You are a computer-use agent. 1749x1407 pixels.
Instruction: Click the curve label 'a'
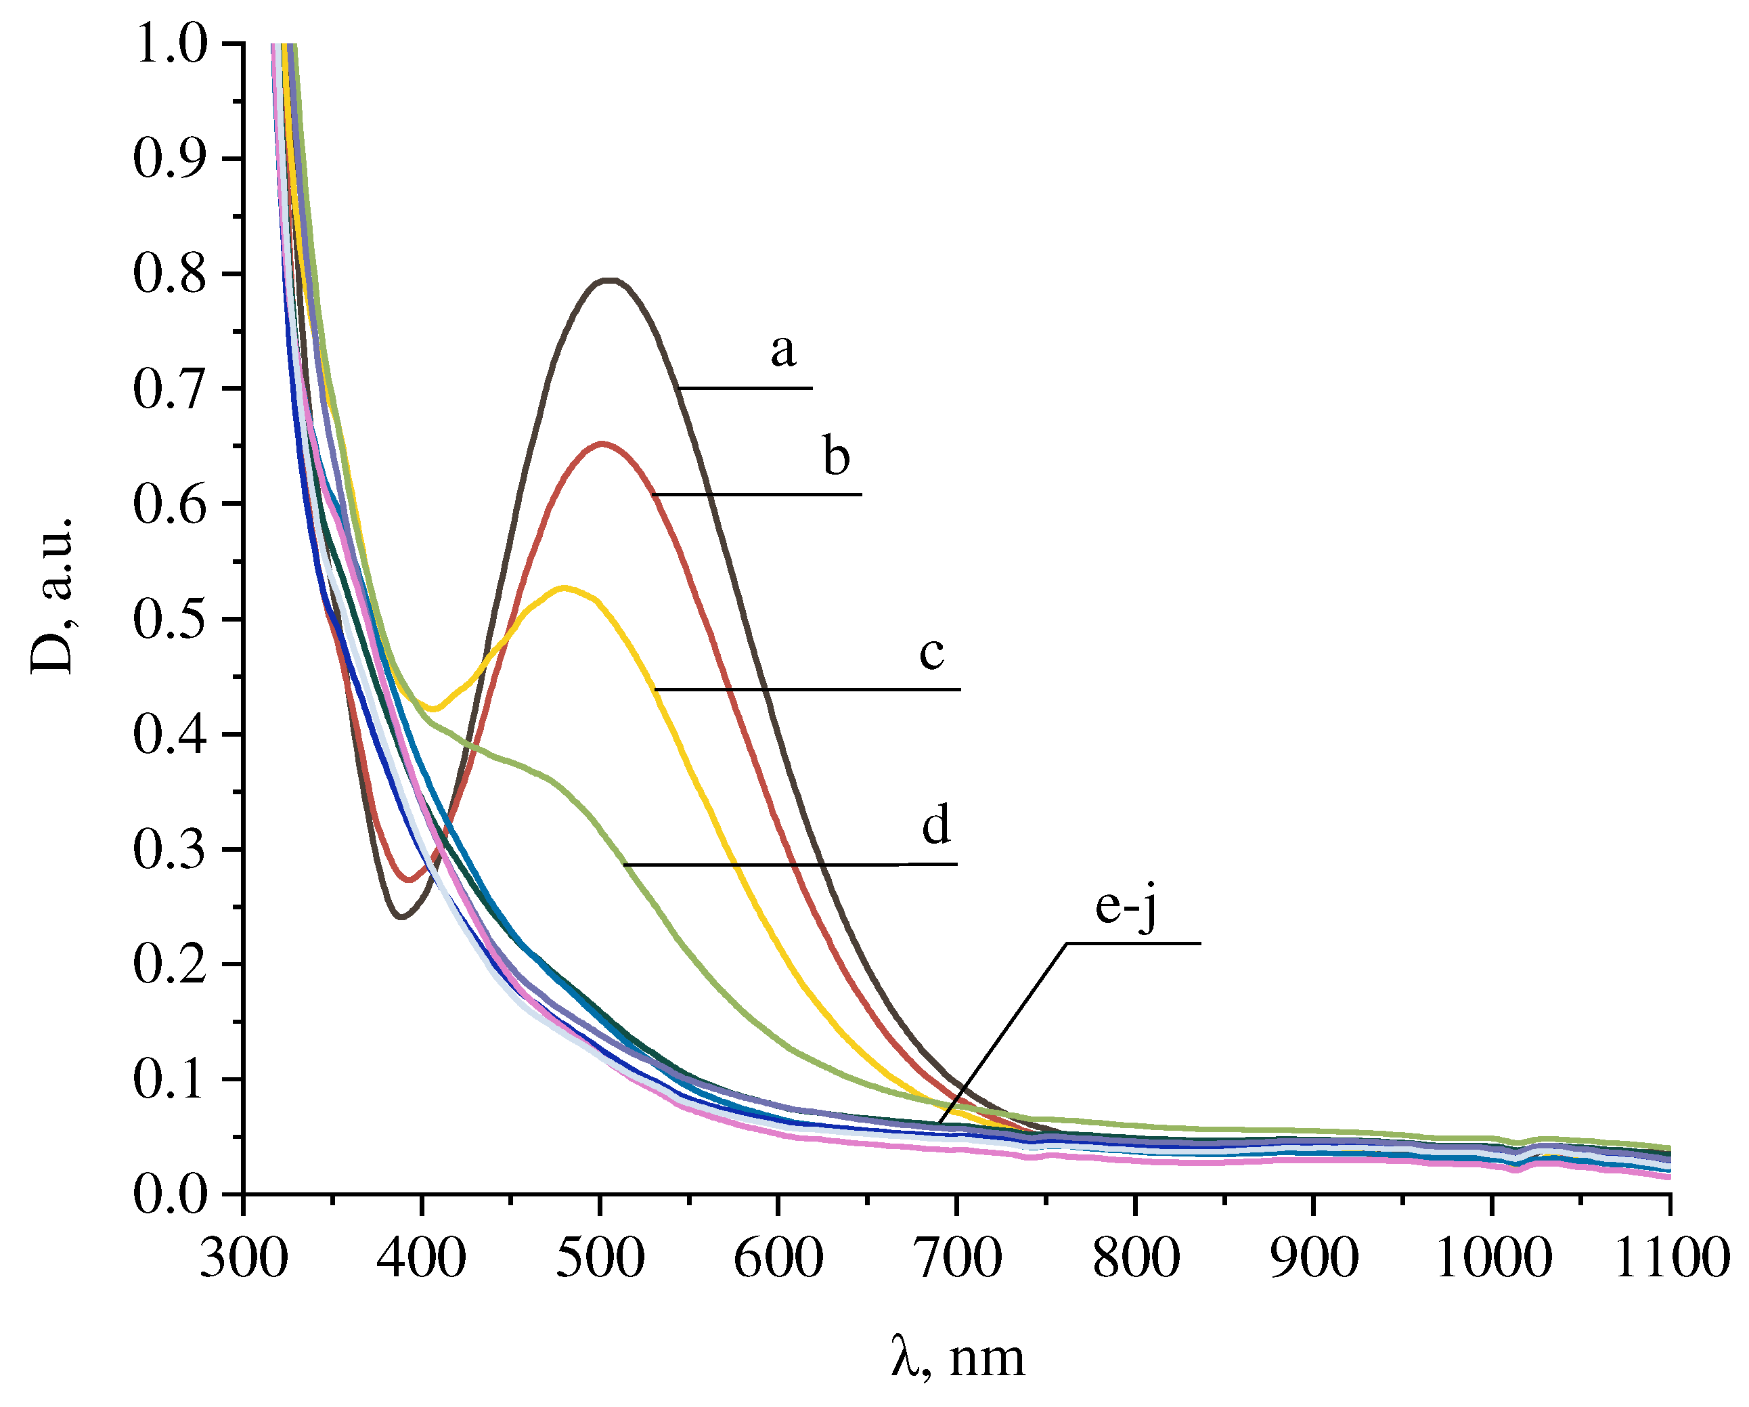[783, 351]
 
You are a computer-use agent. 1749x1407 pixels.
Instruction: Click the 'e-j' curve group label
[1125, 905]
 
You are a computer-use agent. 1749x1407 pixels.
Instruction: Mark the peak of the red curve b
[601, 444]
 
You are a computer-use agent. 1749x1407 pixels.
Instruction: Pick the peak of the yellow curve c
[564, 588]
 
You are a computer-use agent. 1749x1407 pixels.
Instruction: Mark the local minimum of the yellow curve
[434, 708]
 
